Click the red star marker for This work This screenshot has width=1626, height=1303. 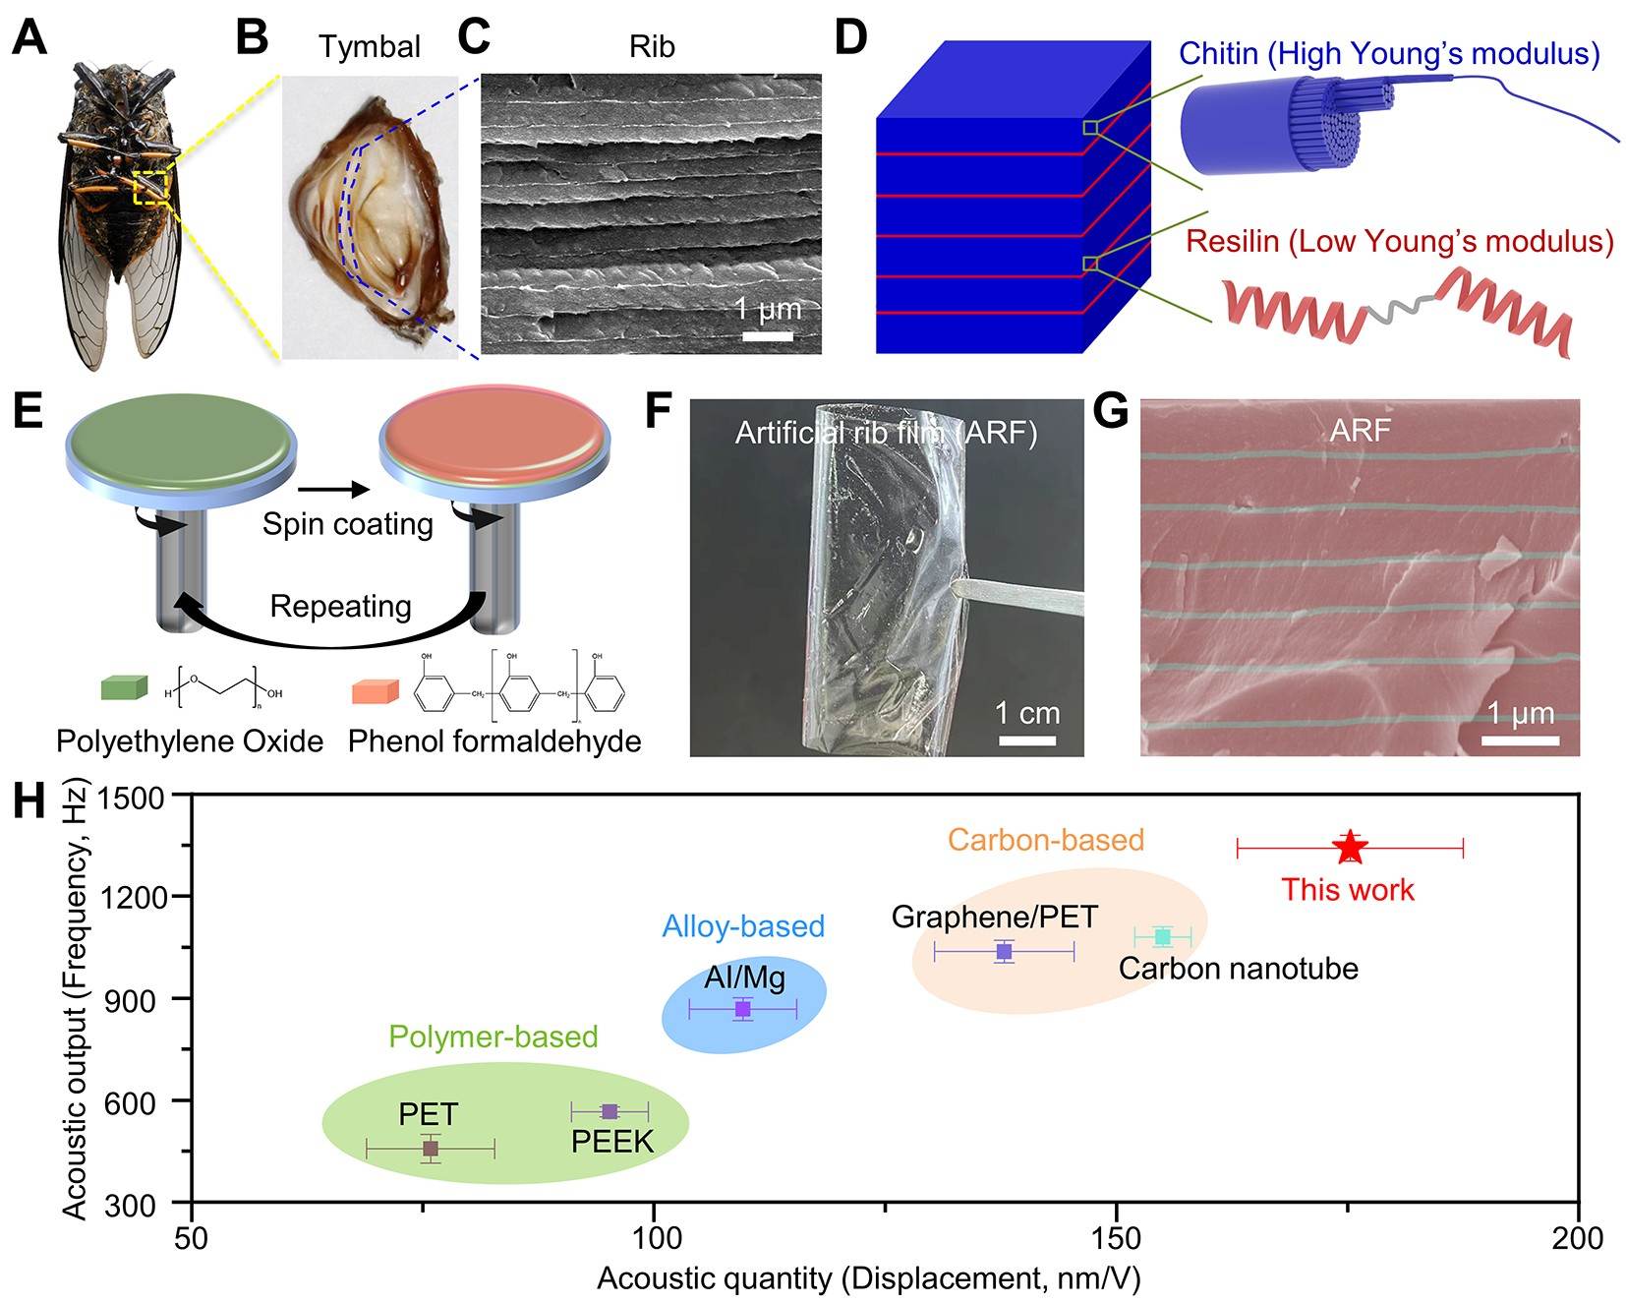[1350, 847]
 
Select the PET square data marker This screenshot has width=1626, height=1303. [430, 1148]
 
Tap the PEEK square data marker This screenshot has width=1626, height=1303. [610, 1111]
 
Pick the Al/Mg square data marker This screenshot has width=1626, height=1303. [743, 1009]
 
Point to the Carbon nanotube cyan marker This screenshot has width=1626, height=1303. [1163, 936]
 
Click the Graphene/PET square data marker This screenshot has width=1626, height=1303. [1004, 951]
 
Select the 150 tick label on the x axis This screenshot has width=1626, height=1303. [1117, 1238]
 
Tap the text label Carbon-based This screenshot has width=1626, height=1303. [1046, 840]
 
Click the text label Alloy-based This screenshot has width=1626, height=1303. [743, 926]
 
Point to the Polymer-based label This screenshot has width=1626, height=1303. [494, 1036]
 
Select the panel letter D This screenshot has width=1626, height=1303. [851, 38]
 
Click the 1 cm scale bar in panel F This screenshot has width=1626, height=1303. [1027, 739]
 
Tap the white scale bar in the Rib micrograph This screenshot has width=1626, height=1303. [768, 336]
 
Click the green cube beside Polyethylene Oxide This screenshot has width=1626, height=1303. [125, 687]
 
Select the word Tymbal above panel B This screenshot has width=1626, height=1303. [370, 46]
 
